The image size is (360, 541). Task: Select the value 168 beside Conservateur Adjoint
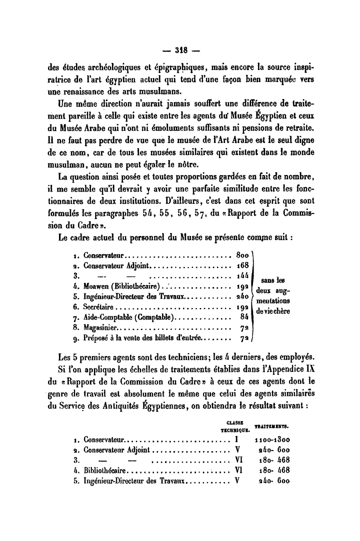click(x=243, y=265)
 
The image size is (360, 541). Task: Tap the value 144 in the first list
click(x=243, y=276)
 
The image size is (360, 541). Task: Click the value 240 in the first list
click(x=243, y=297)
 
